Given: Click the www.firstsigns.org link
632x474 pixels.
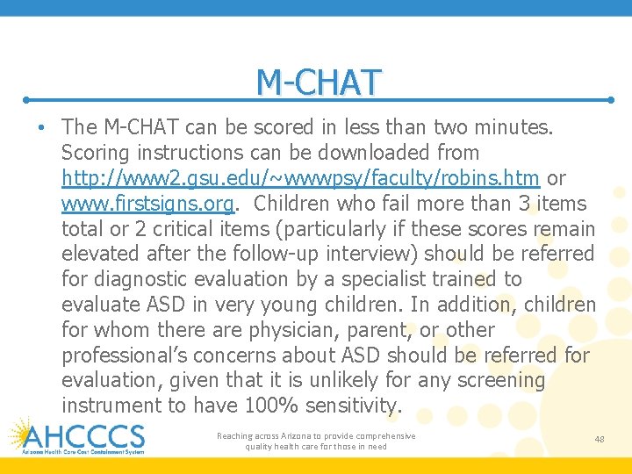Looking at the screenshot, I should point(147,204).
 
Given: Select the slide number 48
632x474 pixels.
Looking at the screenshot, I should point(599,439).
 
